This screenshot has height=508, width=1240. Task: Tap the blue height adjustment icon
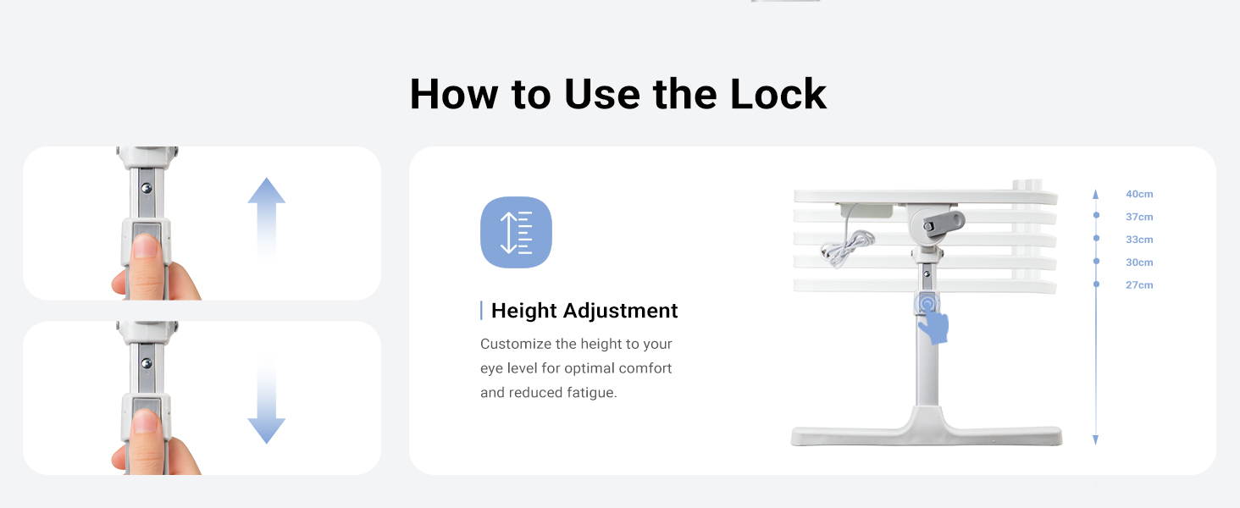tap(516, 232)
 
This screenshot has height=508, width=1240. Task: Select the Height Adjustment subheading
tap(584, 311)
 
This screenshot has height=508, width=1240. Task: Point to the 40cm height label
tap(1139, 194)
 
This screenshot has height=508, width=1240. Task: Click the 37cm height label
tap(1139, 217)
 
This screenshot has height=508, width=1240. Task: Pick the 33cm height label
tap(1139, 240)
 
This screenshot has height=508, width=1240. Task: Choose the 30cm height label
tap(1139, 262)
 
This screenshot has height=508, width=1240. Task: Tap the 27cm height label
tap(1139, 285)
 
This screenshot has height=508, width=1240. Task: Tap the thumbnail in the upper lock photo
tap(147, 246)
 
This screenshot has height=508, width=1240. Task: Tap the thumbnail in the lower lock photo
tap(147, 421)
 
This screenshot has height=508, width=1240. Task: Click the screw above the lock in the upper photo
tap(147, 187)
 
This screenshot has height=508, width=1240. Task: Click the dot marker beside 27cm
tap(1096, 284)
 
